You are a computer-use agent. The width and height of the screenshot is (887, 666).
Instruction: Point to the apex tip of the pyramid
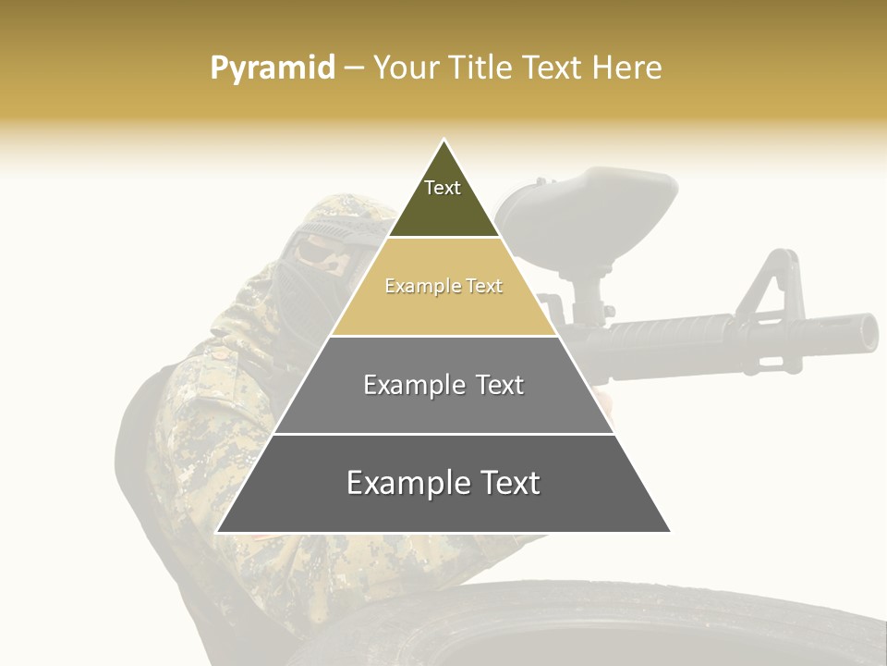coord(443,141)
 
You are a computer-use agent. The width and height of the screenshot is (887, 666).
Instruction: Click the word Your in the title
coord(405,68)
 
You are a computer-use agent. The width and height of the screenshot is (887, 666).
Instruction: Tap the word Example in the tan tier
coord(414,287)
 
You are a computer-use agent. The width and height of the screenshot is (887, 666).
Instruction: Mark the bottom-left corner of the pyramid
coord(217,532)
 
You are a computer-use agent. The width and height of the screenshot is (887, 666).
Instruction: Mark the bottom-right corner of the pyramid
coord(670,532)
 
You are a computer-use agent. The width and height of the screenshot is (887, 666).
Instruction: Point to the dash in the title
coord(354,68)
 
